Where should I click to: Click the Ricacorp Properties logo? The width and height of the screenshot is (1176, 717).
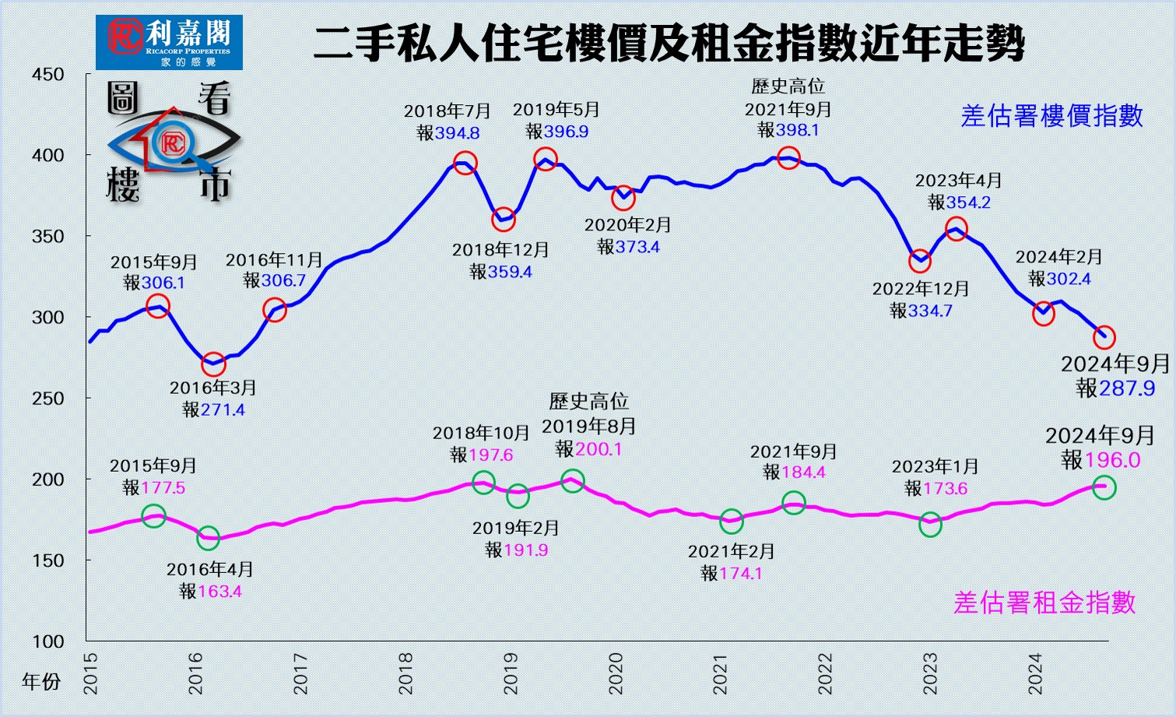(169, 42)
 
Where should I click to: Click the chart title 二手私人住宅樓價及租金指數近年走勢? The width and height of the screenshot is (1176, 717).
(669, 44)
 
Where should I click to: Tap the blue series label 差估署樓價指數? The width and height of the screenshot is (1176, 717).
(1051, 116)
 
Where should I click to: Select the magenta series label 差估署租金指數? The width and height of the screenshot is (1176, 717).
(1044, 603)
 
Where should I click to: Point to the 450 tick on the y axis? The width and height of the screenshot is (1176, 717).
(48, 75)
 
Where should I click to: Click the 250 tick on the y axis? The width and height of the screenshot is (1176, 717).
(48, 399)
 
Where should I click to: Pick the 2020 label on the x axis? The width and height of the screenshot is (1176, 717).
(616, 673)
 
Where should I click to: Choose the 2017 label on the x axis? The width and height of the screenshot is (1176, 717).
(300, 673)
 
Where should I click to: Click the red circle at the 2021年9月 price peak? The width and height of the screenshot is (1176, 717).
(788, 159)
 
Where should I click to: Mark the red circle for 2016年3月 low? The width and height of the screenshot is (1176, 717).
(213, 364)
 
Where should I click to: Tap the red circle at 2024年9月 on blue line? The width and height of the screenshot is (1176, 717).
(1104, 337)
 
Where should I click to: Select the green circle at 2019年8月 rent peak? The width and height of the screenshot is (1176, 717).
(573, 481)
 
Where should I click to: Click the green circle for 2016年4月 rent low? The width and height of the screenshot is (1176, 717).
(209, 537)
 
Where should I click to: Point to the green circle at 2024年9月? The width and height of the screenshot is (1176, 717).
(1104, 488)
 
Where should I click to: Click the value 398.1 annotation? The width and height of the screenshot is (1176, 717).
(798, 131)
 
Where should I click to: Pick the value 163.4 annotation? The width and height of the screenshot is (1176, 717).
(219, 592)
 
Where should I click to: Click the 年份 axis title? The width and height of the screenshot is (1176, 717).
(41, 682)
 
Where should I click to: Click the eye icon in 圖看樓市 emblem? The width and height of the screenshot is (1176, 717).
(173, 142)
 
